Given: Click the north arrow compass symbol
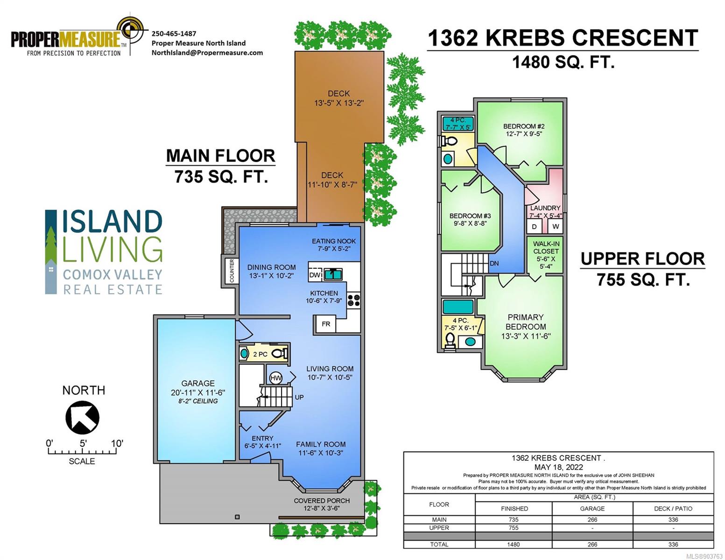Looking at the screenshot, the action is pyautogui.click(x=82, y=417).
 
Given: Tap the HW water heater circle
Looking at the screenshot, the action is pyautogui.click(x=275, y=378).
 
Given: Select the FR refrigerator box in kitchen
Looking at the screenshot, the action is pyautogui.click(x=326, y=324).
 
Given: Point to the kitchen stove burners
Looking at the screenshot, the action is pyautogui.click(x=354, y=300).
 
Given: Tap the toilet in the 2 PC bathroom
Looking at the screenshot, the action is pyautogui.click(x=280, y=354).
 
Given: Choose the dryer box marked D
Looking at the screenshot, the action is pyautogui.click(x=534, y=226).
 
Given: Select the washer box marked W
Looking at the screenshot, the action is pyautogui.click(x=556, y=226).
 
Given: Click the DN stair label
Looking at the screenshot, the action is pyautogui.click(x=494, y=264).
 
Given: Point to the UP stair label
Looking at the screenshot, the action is pyautogui.click(x=299, y=397).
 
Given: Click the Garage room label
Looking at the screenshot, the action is pyautogui.click(x=198, y=383).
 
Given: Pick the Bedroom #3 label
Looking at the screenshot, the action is pyautogui.click(x=470, y=216).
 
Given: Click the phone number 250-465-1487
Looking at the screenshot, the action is pyautogui.click(x=174, y=34).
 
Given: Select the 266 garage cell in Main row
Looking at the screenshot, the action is pyautogui.click(x=592, y=519).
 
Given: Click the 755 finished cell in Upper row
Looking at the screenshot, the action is pyautogui.click(x=514, y=528).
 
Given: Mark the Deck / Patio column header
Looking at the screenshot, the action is pyautogui.click(x=673, y=509).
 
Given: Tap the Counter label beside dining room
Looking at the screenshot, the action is pyautogui.click(x=232, y=271).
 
